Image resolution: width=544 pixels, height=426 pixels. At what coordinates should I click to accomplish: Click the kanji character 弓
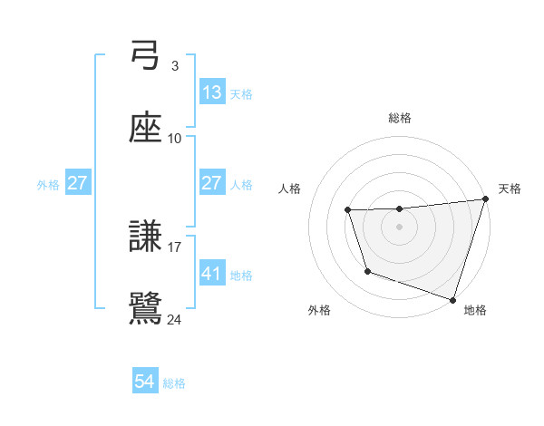[x=145, y=56]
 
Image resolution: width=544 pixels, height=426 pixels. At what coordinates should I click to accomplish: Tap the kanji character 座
[x=145, y=129]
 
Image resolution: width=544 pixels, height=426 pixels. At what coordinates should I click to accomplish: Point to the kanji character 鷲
[x=145, y=309]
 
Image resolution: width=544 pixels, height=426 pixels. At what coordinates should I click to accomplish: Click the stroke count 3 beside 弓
[x=174, y=66]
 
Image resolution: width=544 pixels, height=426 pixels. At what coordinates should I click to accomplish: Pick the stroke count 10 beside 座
[x=175, y=139]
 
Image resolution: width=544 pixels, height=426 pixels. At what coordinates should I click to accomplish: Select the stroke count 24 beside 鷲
[x=175, y=319]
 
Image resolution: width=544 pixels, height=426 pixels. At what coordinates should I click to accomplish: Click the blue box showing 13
[x=211, y=92]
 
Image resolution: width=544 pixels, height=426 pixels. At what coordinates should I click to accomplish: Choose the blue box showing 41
[x=211, y=273]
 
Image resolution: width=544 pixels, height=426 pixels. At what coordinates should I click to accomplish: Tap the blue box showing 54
[x=145, y=382]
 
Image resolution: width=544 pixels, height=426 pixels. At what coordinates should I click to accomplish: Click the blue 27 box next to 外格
[x=77, y=183]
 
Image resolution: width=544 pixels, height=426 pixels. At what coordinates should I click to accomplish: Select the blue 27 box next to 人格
[x=211, y=183]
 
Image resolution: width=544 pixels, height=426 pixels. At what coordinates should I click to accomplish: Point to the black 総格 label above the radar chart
[x=400, y=118]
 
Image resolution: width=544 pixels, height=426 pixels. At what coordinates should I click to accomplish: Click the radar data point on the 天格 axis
[x=485, y=199]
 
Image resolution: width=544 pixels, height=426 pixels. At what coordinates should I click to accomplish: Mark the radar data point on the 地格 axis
[x=452, y=298]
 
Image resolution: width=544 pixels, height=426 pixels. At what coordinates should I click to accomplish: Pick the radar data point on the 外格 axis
[x=367, y=271]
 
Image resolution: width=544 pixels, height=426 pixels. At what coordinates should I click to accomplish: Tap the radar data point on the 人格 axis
[x=348, y=211]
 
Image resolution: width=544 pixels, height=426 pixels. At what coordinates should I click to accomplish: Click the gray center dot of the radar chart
[x=400, y=227]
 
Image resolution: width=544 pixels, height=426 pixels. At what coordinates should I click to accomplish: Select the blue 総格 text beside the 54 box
[x=174, y=383]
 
